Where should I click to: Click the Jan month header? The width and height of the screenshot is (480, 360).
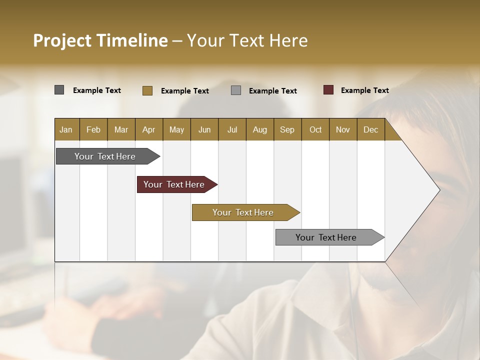(66, 129)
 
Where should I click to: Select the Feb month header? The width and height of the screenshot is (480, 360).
(93, 129)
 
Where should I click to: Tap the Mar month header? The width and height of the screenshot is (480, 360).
(121, 129)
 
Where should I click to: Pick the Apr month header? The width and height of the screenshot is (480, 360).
(148, 129)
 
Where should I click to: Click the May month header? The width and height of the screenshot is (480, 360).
(176, 129)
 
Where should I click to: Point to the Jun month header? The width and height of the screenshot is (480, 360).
(204, 129)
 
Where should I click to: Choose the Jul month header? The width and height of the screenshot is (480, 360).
(232, 129)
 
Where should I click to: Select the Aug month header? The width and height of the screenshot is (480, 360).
(259, 129)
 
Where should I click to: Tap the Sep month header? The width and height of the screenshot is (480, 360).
(287, 129)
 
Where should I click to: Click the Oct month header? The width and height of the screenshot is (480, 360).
(315, 129)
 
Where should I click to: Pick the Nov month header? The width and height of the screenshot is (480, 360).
(343, 129)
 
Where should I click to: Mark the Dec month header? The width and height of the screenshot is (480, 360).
(370, 129)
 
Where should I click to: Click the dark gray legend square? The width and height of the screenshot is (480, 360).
(59, 90)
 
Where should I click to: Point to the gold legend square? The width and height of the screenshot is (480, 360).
(147, 90)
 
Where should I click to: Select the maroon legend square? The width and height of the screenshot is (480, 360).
(328, 90)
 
